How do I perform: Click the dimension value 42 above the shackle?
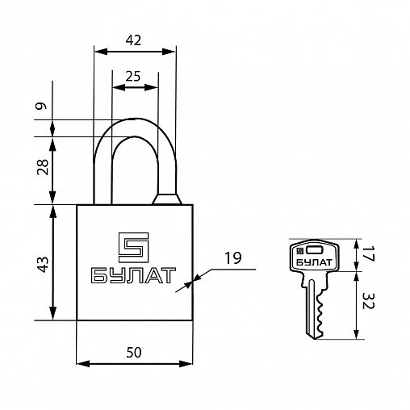(133, 40)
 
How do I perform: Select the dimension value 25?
(133, 77)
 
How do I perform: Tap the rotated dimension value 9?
(42, 106)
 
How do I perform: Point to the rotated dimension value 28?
(43, 167)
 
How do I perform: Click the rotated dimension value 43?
(43, 265)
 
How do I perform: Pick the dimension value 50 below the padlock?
(134, 353)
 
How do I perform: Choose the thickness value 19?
(233, 258)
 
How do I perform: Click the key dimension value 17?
(368, 254)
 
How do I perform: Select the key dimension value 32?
(368, 300)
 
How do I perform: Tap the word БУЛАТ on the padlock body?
(133, 275)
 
